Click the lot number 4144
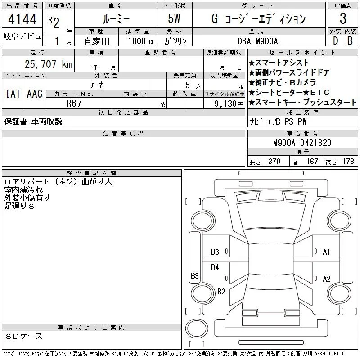point(22,19)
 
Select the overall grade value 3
point(343,18)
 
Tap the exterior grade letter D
point(335,41)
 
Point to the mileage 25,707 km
point(49,64)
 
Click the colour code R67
point(74,103)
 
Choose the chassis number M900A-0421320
point(302,143)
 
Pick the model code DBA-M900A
point(257,41)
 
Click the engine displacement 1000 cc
point(141,41)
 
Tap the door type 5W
point(174,18)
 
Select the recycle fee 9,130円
point(229,104)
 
